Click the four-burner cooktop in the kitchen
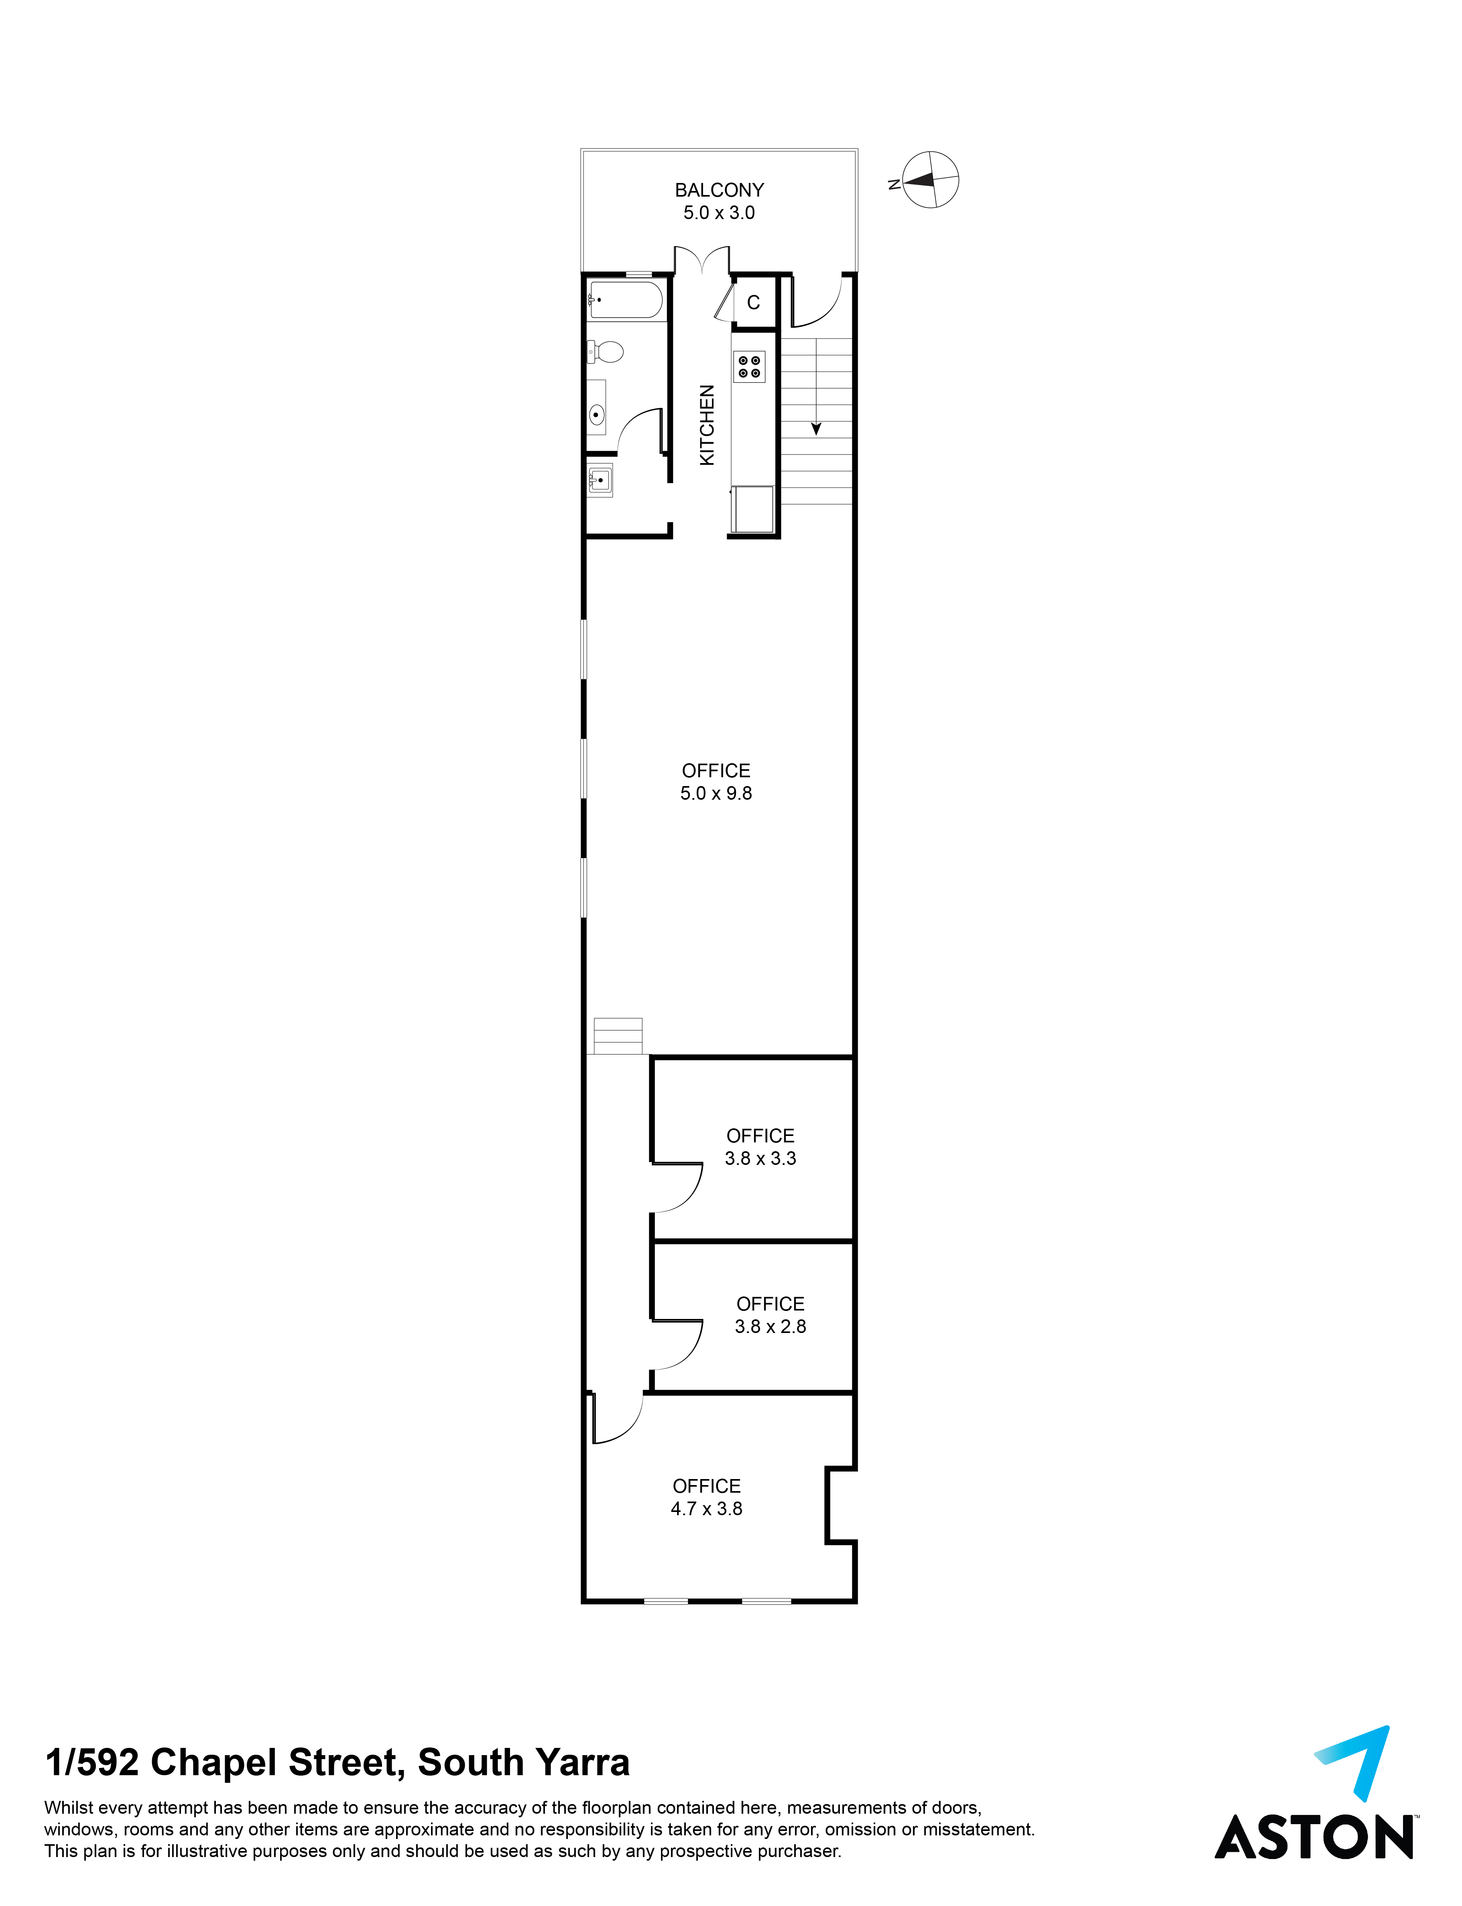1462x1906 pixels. point(749,366)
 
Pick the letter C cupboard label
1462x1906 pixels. point(754,303)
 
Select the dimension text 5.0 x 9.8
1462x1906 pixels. point(716,793)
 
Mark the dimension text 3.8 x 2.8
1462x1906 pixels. point(770,1327)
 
